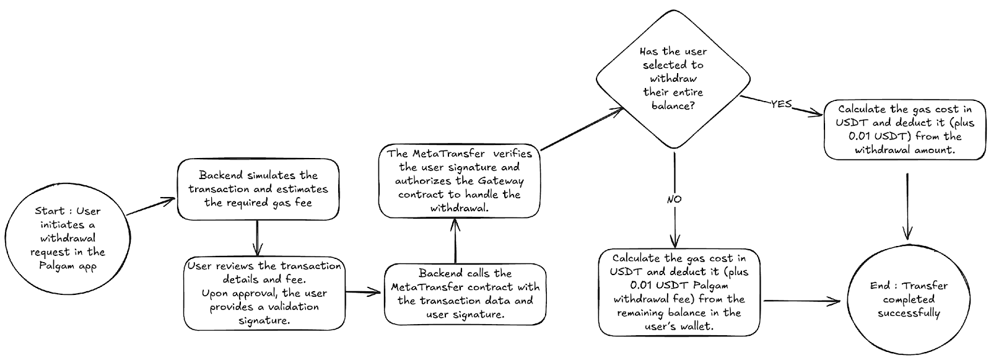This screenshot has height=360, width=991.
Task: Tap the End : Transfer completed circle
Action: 909,299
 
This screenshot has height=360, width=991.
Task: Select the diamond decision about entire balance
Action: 673,78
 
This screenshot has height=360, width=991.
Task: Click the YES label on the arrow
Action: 781,104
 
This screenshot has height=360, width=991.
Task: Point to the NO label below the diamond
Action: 674,199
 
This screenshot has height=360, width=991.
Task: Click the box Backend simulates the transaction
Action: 258,189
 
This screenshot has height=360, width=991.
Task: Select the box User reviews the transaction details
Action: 265,293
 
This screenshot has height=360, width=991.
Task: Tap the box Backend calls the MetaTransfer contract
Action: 465,294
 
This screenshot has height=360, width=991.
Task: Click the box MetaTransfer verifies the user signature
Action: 459,181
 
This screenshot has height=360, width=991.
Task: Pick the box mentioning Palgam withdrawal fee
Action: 679,292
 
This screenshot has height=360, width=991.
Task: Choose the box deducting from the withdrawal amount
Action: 904,130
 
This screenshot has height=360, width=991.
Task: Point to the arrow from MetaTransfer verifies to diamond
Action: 582,129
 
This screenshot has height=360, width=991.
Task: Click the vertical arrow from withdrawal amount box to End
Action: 908,204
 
